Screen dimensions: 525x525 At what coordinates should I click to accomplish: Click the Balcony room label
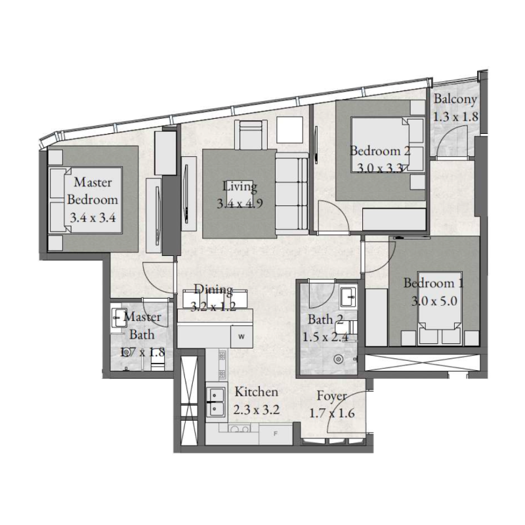455,100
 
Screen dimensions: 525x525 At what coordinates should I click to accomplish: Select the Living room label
240,186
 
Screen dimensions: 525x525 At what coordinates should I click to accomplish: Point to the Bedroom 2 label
380,151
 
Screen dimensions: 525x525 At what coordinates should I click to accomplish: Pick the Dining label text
213,290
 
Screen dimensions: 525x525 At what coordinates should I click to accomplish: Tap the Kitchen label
257,392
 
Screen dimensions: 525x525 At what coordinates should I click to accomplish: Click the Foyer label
331,396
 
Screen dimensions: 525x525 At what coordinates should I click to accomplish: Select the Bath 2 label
325,320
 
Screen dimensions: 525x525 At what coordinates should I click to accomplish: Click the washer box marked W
241,337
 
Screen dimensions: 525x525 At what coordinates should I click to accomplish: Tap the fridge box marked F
276,434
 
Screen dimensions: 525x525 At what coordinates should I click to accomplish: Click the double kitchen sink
215,402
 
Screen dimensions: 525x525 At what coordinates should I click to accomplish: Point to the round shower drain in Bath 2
339,359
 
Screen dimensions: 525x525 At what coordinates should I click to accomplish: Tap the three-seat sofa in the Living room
291,194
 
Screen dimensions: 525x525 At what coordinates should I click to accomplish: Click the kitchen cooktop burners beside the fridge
240,430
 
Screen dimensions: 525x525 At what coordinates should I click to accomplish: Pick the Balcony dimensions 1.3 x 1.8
455,116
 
